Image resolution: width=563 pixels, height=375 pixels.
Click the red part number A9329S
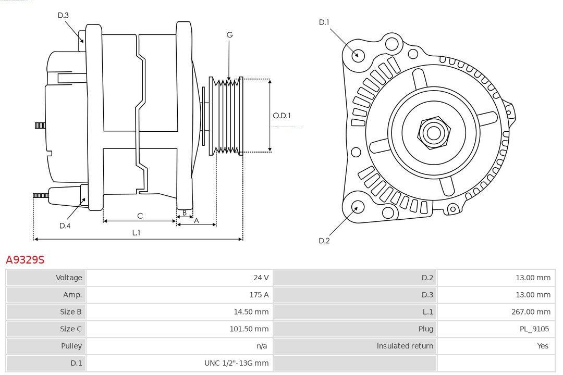(25, 259)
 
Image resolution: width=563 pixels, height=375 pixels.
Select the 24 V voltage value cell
(261, 278)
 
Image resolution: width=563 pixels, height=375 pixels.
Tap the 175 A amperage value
(259, 295)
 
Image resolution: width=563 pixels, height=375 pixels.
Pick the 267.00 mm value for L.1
(531, 312)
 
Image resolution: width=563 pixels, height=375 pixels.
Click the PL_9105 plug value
(534, 329)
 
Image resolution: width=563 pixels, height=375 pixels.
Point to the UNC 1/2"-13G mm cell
(236, 363)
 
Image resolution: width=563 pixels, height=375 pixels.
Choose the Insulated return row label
(405, 346)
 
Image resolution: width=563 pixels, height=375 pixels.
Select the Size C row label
(71, 329)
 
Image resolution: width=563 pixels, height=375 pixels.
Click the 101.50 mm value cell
(249, 329)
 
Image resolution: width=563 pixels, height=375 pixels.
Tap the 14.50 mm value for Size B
(251, 312)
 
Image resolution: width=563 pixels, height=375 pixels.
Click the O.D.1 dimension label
(282, 116)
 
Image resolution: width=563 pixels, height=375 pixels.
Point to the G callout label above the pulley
(229, 35)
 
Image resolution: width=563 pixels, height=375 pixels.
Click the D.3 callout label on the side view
(63, 15)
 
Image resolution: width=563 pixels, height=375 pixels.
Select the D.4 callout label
(65, 226)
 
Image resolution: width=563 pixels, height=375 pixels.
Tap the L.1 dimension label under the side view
(136, 233)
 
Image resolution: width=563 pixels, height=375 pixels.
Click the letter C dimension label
(140, 216)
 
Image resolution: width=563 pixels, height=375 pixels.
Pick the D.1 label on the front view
(324, 22)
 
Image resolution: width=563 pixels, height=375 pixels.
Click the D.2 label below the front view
(324, 241)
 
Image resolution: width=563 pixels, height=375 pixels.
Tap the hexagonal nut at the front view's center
(433, 132)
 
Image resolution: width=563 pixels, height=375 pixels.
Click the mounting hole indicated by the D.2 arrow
(357, 207)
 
